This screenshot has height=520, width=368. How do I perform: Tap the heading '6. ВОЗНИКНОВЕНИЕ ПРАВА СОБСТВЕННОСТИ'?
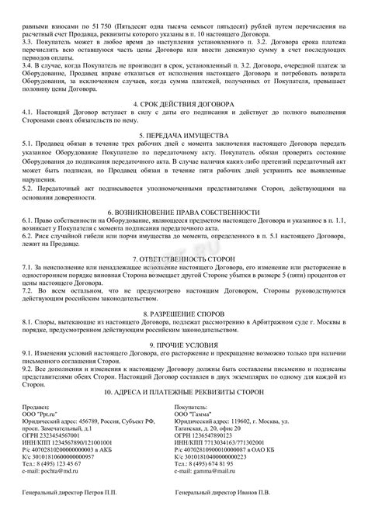pos(183,213)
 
